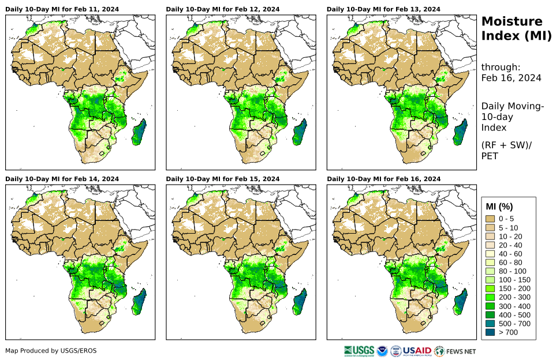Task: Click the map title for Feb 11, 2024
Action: (62, 9)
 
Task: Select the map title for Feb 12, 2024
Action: (223, 9)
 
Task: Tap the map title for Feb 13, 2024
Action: (383, 9)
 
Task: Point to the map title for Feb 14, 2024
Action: (62, 179)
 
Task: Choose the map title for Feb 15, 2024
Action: (223, 179)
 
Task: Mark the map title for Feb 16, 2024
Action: (383, 179)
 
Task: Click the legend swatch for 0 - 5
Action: (491, 219)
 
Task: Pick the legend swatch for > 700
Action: (491, 332)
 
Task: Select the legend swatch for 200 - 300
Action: (491, 297)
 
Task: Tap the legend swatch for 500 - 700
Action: (491, 324)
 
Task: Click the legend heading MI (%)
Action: (499, 207)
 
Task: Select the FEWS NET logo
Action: (456, 350)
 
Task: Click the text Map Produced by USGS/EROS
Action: (51, 351)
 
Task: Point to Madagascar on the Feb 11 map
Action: (140, 132)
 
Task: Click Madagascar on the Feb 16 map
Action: (461, 302)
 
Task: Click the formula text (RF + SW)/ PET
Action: (506, 151)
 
